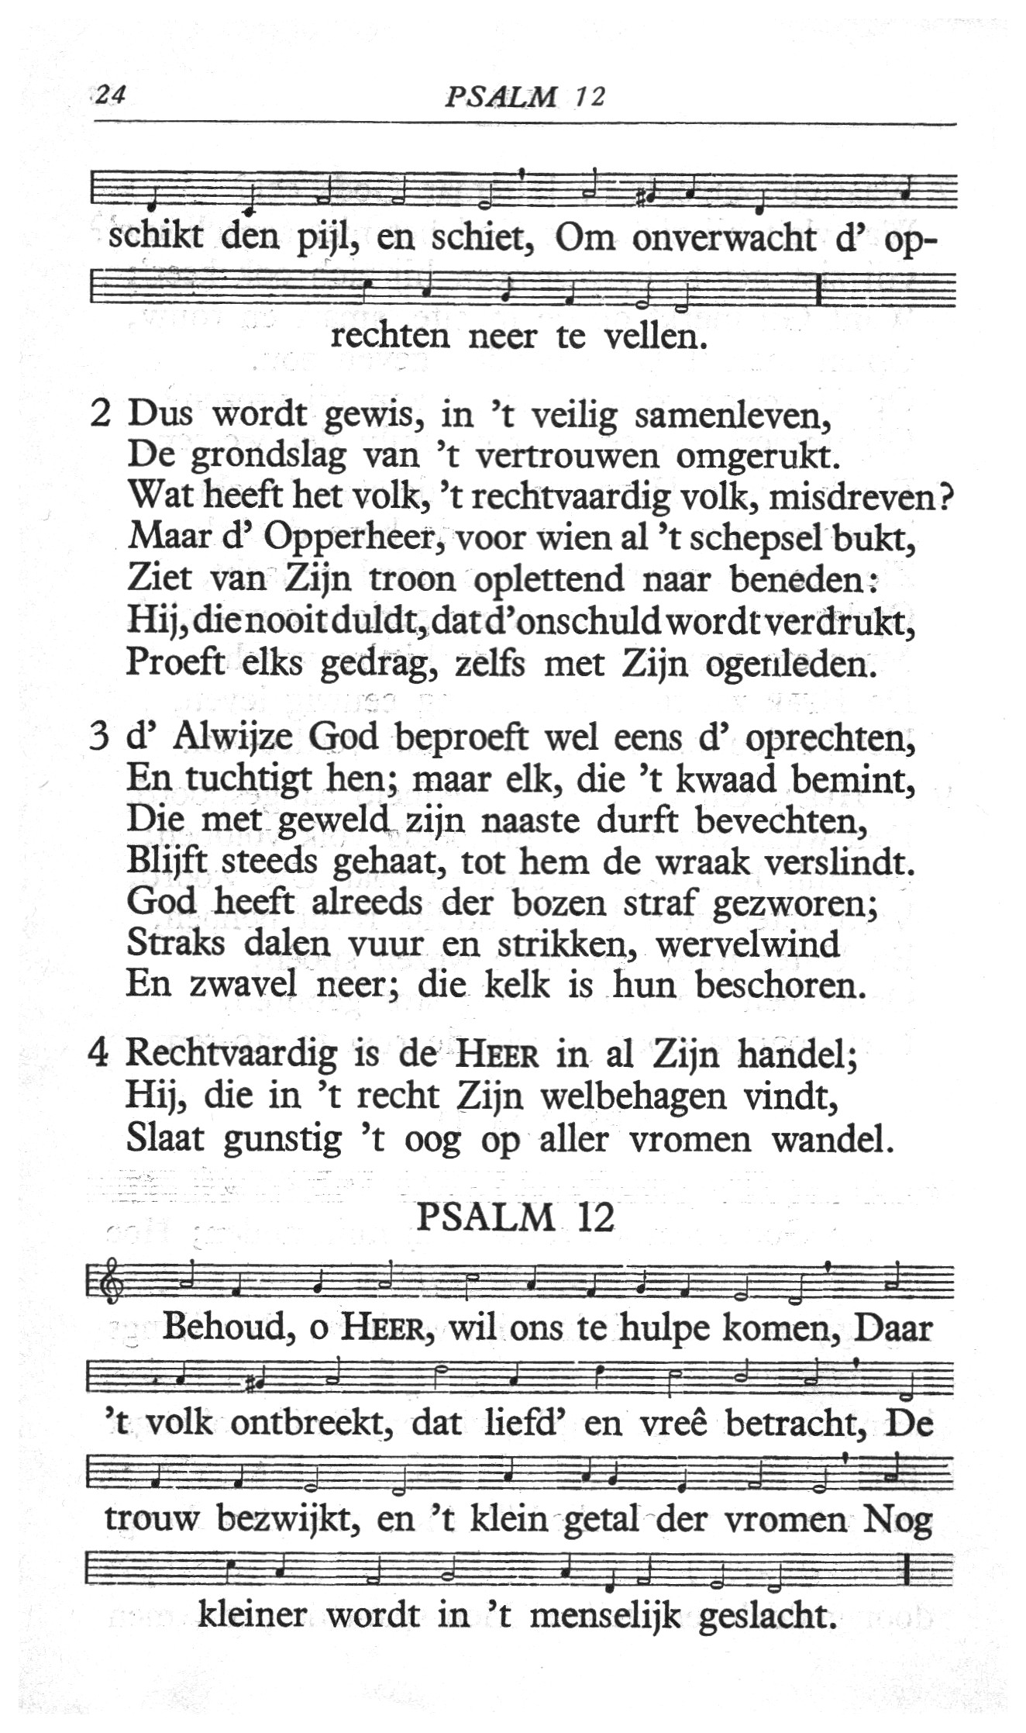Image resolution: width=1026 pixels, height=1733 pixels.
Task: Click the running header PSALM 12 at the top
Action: pyautogui.click(x=525, y=96)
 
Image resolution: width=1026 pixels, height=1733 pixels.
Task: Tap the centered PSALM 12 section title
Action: pyautogui.click(x=515, y=1218)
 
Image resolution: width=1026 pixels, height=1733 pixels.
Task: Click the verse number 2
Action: pyautogui.click(x=101, y=413)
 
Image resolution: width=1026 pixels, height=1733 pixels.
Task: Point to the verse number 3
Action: pyautogui.click(x=98, y=737)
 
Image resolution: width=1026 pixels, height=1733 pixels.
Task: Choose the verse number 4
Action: pyautogui.click(x=98, y=1053)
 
